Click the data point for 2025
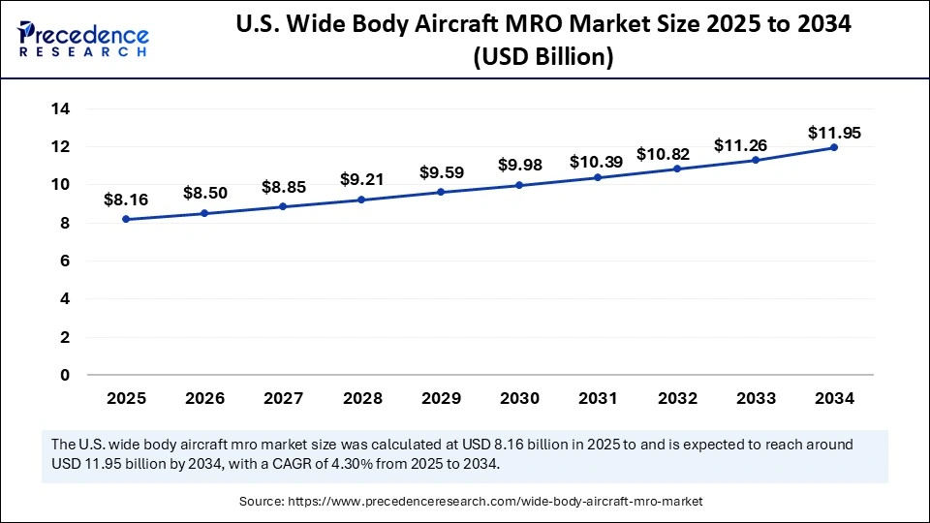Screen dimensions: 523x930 coord(126,220)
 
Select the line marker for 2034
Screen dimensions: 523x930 coord(833,147)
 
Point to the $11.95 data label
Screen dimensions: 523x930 coord(833,133)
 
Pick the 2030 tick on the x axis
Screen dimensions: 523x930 coord(518,397)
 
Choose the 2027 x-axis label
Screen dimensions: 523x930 coord(283,397)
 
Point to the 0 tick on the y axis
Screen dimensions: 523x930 coord(65,375)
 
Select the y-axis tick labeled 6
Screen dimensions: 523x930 coord(65,261)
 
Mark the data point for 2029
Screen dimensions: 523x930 coord(440,192)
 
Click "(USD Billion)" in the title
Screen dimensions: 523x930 coord(542,57)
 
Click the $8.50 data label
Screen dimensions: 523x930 coord(205,193)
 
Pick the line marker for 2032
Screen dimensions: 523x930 coord(676,169)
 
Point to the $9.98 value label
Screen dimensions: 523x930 coord(519,166)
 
